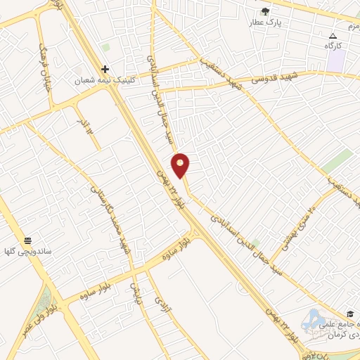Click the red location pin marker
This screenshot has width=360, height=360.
181,165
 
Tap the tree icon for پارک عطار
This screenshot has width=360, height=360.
265,11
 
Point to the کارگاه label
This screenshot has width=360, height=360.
333,46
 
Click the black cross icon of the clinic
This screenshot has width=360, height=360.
105,69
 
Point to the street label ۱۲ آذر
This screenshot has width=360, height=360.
86,126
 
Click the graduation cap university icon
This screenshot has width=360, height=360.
349,314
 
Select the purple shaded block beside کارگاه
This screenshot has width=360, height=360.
336,59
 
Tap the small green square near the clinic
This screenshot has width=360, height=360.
105,47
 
